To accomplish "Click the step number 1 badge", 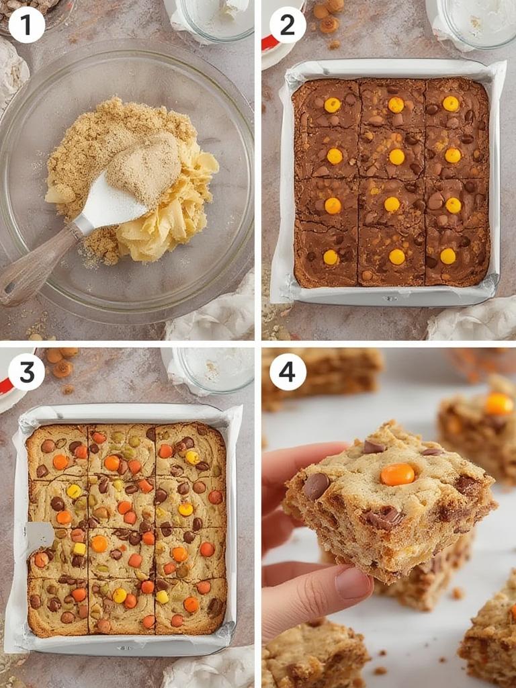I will pos(27,25).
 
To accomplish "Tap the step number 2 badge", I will pos(288,25).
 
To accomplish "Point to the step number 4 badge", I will pos(288,372).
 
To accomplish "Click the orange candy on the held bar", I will pos(397,474).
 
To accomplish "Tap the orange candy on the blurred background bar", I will pos(499,403).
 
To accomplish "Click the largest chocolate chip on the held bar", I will pos(316,485).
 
